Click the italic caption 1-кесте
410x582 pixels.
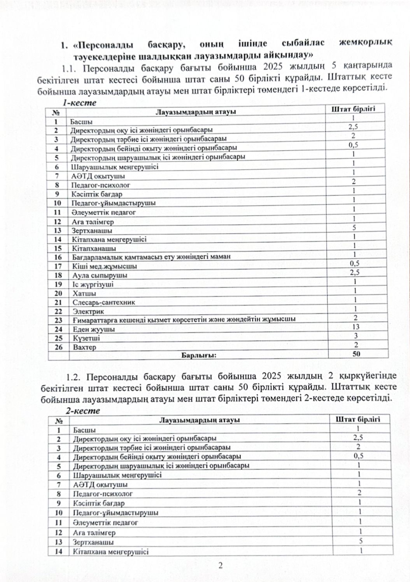click(x=80, y=103)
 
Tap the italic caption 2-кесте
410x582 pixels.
click(x=82, y=411)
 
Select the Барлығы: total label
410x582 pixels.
click(x=198, y=355)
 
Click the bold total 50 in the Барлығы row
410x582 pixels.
click(x=356, y=354)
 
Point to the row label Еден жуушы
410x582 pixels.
click(x=94, y=329)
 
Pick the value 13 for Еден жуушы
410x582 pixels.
click(x=356, y=327)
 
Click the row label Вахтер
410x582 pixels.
click(x=84, y=347)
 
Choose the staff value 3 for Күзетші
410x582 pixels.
click(x=356, y=336)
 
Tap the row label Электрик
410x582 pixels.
click(x=88, y=311)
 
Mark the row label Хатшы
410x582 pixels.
click(x=84, y=293)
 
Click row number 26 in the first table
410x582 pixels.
click(x=58, y=347)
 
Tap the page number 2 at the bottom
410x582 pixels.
click(x=220, y=566)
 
